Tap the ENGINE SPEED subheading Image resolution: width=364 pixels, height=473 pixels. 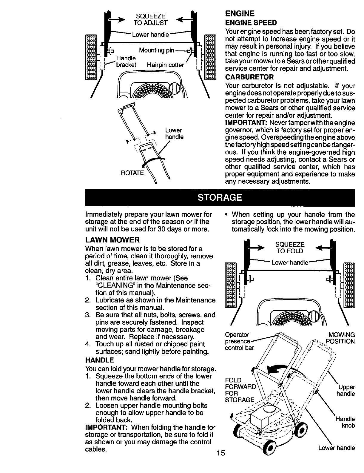(x=251, y=23)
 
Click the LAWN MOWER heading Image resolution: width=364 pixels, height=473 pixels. (x=112, y=240)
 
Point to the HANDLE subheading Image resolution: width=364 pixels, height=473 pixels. (x=100, y=360)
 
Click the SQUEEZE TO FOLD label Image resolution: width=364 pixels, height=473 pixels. (x=290, y=248)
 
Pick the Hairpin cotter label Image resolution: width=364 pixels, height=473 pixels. (x=165, y=65)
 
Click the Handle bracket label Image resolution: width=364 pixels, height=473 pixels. (x=126, y=61)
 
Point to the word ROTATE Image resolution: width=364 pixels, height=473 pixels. (x=132, y=173)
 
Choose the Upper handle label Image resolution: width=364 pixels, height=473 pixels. (x=346, y=391)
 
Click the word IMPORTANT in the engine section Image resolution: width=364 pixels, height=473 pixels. (x=245, y=123)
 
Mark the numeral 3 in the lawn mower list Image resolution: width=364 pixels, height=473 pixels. (x=87, y=315)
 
